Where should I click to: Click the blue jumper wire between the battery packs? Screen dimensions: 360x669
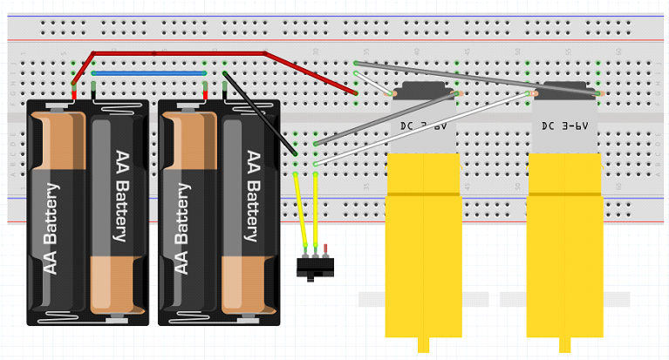pos(148,74)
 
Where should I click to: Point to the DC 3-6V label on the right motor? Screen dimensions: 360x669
pos(563,126)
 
